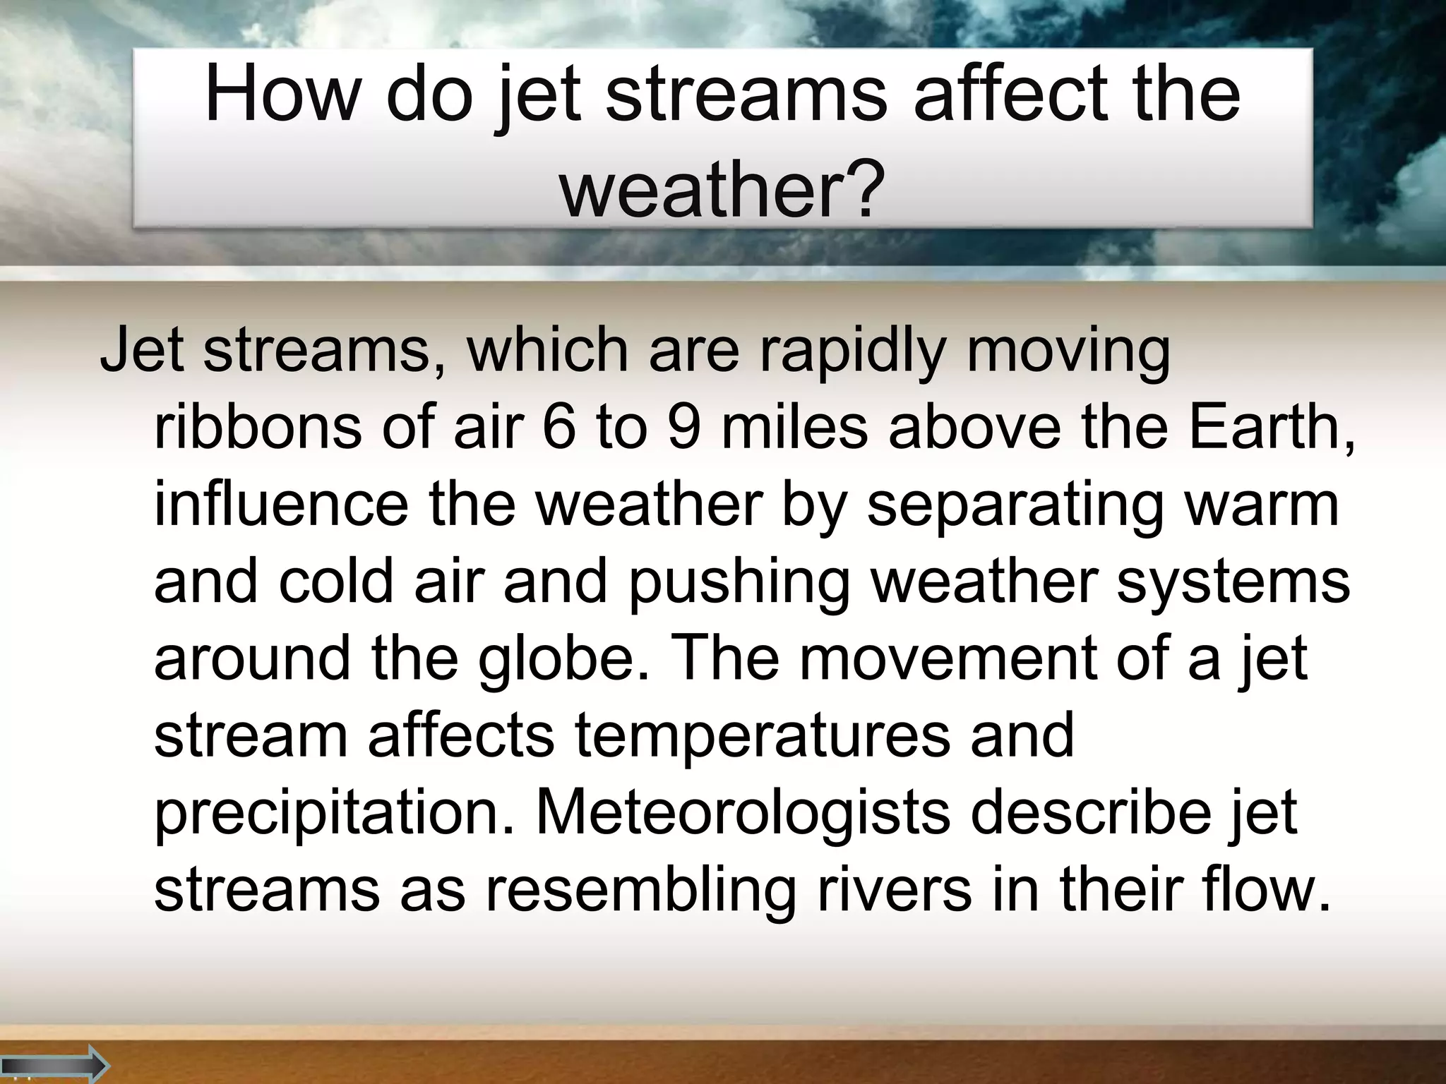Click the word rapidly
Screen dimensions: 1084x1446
(x=852, y=351)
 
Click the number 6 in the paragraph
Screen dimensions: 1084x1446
(x=559, y=428)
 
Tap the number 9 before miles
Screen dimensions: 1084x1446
(x=683, y=428)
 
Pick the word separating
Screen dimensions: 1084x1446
(x=1015, y=507)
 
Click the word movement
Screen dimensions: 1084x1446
(x=947, y=658)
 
